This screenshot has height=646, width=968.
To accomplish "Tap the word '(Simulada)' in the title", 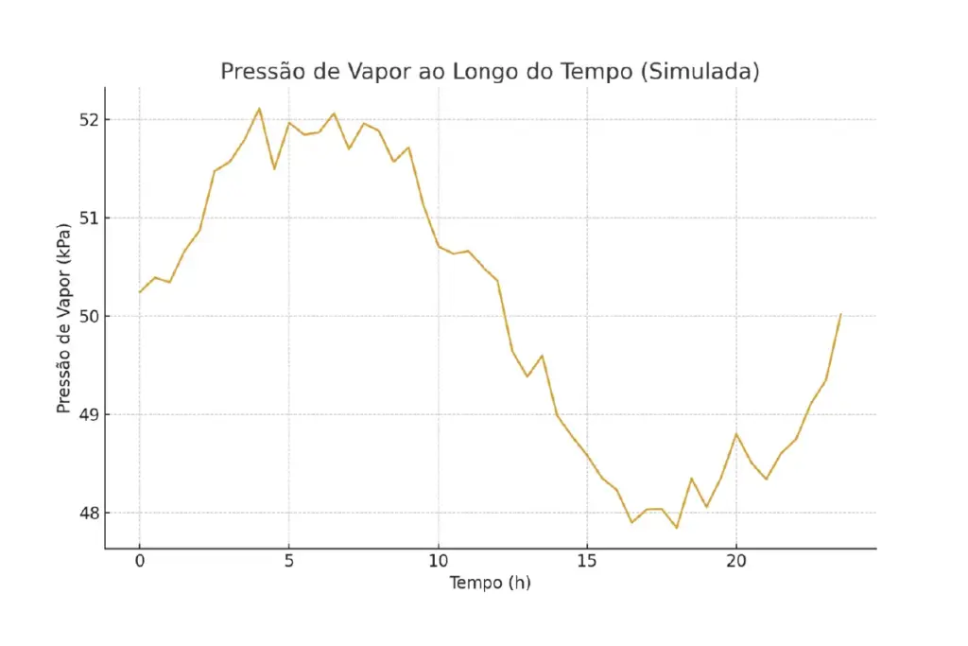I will pos(699,72).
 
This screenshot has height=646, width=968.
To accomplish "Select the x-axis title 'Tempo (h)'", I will pos(490,583).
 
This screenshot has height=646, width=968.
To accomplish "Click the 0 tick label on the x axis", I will pos(140,561).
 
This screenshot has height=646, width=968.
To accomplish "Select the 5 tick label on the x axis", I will pos(289,561).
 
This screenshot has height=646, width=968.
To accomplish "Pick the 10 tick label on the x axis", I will pos(438,561).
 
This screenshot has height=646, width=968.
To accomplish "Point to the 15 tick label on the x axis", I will pos(587,561).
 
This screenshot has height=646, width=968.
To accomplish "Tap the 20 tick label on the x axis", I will pos(736,561).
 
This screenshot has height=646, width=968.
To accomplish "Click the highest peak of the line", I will pos(259,109).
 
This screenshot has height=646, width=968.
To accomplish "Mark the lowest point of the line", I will pos(677,528).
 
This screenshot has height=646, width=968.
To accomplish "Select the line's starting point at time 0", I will pos(140,291).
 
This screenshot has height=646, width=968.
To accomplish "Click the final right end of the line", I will pos(840,314).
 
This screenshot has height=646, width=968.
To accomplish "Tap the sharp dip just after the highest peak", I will pos(274,168).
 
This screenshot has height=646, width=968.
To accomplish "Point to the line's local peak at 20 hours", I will pos(736,434).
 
